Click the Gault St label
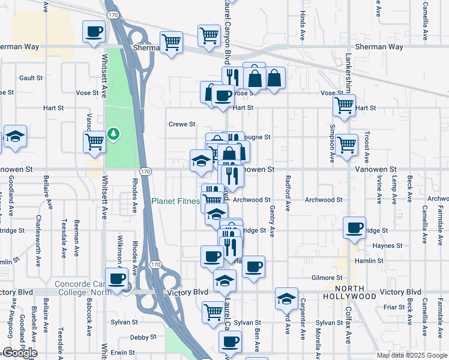click(31, 78)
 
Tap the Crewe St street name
click(182, 124)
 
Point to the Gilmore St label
click(327, 278)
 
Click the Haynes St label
click(387, 245)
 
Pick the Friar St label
click(394, 307)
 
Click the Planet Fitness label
click(175, 201)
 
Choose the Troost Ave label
click(366, 145)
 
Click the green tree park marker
click(113, 132)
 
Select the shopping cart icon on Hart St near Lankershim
click(345, 106)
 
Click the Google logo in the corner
click(20, 353)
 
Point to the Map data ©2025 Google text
click(411, 355)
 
